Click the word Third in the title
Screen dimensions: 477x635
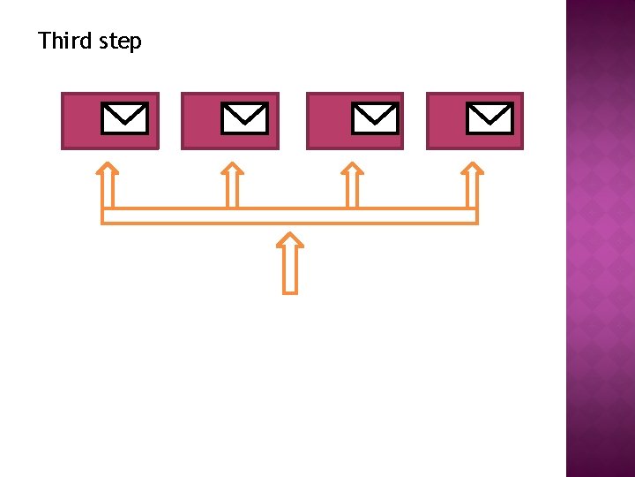click(64, 41)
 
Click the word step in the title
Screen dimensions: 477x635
click(120, 42)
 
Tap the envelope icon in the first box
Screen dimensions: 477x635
click(124, 118)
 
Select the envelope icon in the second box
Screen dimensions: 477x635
click(244, 118)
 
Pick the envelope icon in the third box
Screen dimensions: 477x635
click(375, 118)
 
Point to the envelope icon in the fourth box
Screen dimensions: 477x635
click(489, 118)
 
